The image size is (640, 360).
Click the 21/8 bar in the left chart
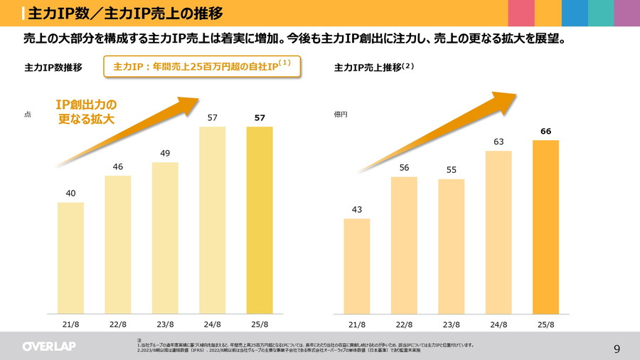pyautogui.click(x=70, y=258)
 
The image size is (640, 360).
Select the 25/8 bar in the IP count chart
pyautogui.click(x=260, y=220)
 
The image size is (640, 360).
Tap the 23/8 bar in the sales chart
pyautogui.click(x=451, y=246)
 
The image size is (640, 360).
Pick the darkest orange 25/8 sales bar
pyautogui.click(x=545, y=226)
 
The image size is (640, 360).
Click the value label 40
pyautogui.click(x=70, y=193)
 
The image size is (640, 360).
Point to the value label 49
pyautogui.click(x=165, y=153)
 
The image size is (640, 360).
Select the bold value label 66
pyautogui.click(x=545, y=131)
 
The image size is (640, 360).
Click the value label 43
pyautogui.click(x=356, y=209)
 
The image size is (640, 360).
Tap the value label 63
pyautogui.click(x=498, y=142)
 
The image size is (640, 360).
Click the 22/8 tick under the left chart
pyautogui.click(x=118, y=324)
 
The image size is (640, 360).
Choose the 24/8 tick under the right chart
pyautogui.click(x=498, y=324)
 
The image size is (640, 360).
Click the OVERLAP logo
pyautogui.click(x=48, y=346)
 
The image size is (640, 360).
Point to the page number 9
pyautogui.click(x=617, y=349)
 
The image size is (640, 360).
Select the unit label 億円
pyautogui.click(x=341, y=114)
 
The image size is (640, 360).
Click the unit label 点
pyautogui.click(x=28, y=114)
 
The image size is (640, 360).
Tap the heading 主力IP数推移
pyautogui.click(x=53, y=68)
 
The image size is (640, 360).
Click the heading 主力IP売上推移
pyautogui.click(x=368, y=68)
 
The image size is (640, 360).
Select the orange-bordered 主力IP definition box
pyautogui.click(x=202, y=66)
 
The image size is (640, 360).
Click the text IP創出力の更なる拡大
pyautogui.click(x=86, y=112)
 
